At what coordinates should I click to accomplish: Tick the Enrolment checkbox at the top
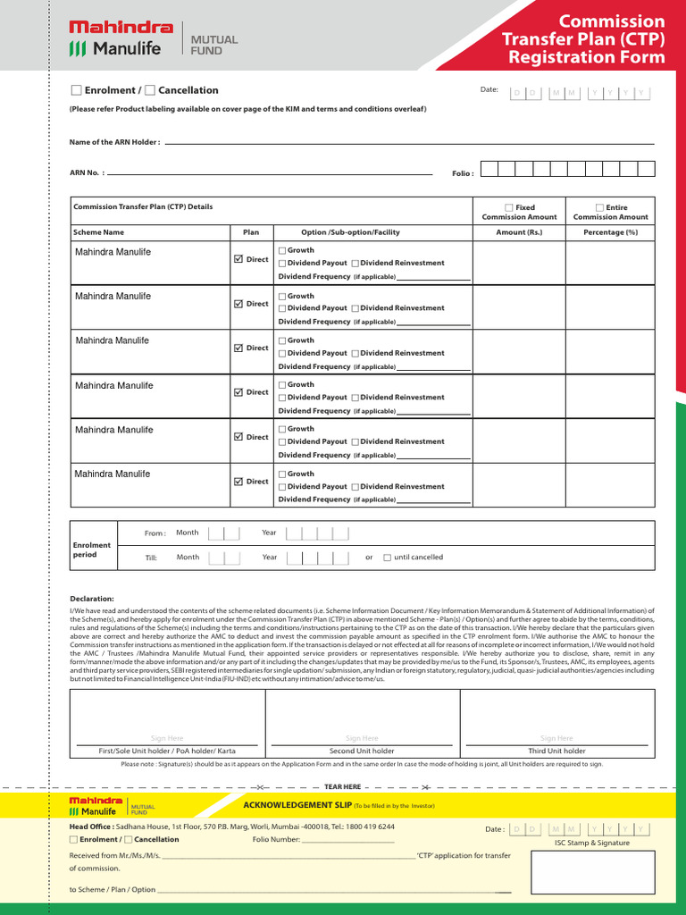tap(76, 90)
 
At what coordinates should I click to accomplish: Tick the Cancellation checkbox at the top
tap(150, 90)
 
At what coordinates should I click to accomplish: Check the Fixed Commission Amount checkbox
tap(508, 207)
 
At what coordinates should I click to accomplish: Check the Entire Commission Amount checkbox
tap(599, 207)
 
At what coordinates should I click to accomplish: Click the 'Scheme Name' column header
tap(99, 232)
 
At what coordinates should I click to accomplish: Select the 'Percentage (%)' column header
tap(610, 232)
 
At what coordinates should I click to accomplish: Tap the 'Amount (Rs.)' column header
tap(519, 232)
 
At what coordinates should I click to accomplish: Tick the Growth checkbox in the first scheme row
tap(282, 251)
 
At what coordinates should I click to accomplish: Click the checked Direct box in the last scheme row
tap(238, 482)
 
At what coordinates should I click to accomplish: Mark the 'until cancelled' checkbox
tap(387, 558)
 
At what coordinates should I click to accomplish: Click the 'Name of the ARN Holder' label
tap(114, 142)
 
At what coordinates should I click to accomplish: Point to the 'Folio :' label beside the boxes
tap(463, 173)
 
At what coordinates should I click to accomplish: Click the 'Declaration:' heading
tap(92, 599)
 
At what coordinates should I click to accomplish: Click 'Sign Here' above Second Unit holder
tap(362, 738)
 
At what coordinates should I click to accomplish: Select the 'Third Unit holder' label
tap(556, 751)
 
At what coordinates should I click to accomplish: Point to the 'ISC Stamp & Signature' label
tap(591, 843)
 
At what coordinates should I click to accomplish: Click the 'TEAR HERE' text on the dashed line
tap(342, 786)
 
